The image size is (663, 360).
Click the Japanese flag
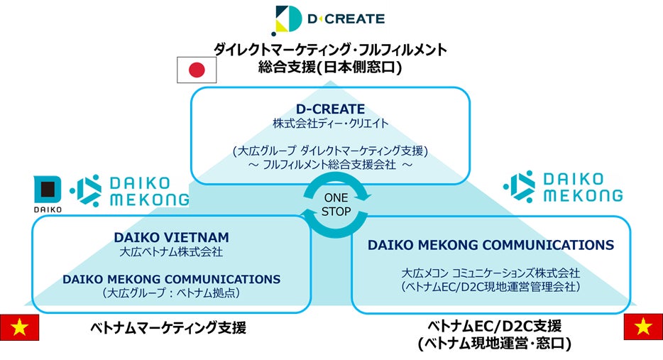[196, 70]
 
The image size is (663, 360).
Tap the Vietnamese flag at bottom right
[643, 327]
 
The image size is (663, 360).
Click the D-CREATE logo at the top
[329, 19]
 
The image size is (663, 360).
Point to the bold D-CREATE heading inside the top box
[331, 109]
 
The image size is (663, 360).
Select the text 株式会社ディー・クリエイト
[331, 124]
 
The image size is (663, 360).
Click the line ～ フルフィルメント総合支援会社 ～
[331, 165]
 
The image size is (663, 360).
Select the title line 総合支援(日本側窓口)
[331, 68]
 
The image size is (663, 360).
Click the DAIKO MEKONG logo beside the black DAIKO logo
[131, 190]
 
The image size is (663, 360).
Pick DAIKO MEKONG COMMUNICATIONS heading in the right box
[491, 245]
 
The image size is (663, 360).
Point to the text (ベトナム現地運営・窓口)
[494, 343]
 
